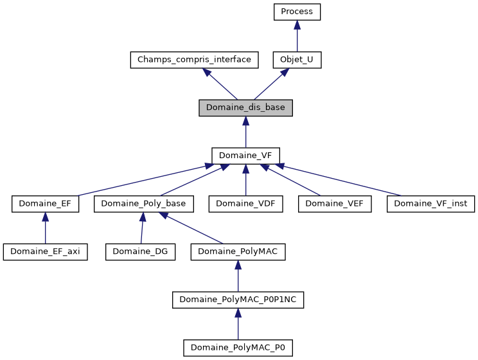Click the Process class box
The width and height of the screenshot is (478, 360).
(x=296, y=12)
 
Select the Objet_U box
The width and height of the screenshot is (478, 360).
(x=296, y=60)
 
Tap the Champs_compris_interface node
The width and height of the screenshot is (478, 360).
(x=194, y=60)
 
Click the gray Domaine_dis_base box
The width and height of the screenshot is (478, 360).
(x=245, y=107)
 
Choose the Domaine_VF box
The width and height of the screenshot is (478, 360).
(x=245, y=156)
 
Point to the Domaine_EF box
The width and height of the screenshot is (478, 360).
(x=45, y=204)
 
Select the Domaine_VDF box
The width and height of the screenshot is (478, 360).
(x=245, y=204)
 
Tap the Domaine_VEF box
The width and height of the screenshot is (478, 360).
(x=335, y=204)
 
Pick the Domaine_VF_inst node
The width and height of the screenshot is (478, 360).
(x=430, y=204)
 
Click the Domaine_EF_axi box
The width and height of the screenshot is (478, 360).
(x=45, y=251)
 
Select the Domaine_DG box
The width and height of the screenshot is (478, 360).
(x=140, y=251)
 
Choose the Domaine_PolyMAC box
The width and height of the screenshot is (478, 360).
(x=238, y=251)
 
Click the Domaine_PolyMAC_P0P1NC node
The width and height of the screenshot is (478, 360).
(x=238, y=300)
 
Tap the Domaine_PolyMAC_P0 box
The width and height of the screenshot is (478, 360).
(x=238, y=348)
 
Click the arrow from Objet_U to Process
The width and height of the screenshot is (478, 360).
(x=296, y=36)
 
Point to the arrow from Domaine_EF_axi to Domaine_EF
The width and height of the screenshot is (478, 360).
(x=45, y=228)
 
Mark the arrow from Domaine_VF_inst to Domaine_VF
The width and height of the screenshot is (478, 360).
(x=341, y=181)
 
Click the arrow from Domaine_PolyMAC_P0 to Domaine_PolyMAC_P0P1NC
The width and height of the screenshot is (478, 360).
(x=238, y=324)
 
